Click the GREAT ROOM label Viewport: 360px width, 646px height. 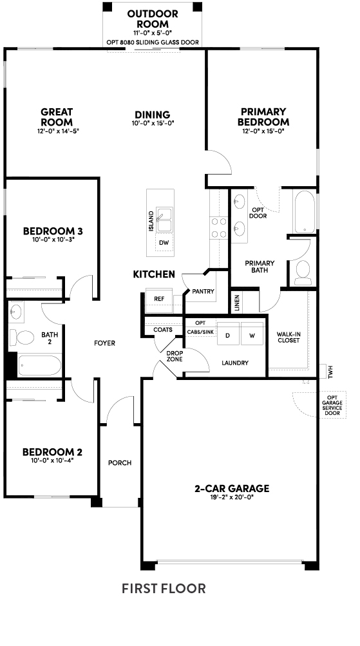point(57,117)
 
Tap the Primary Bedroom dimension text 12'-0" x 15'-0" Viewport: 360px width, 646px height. point(263,131)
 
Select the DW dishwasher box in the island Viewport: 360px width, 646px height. point(164,243)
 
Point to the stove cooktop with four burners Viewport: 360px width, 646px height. point(218,227)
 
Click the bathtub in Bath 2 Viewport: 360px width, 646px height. point(39,365)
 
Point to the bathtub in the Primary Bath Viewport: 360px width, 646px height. point(305,212)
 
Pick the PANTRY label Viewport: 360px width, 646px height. point(203,292)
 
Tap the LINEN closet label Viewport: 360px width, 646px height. point(236,303)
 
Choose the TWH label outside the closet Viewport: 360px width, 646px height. point(330,371)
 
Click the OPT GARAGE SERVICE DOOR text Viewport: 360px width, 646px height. point(332,404)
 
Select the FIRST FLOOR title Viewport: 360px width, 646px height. point(164,588)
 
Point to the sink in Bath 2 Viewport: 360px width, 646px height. point(15,312)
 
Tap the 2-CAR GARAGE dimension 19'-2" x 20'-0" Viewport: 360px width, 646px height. point(232,497)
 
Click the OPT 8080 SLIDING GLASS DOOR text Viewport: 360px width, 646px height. point(153,43)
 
